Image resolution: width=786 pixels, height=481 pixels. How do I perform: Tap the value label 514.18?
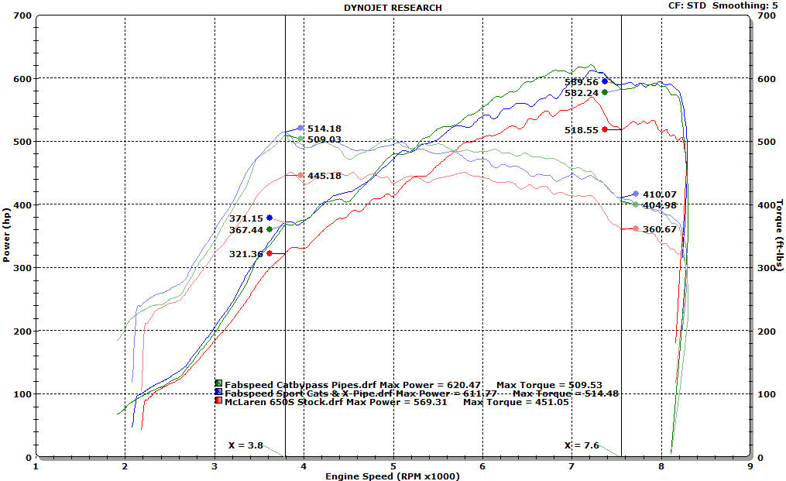tap(324, 129)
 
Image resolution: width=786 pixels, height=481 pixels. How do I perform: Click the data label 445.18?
tap(324, 176)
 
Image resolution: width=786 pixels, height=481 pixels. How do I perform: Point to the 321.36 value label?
tap(245, 253)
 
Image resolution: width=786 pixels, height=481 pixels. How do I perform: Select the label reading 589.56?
tap(581, 82)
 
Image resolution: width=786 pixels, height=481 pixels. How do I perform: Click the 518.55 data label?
tap(582, 130)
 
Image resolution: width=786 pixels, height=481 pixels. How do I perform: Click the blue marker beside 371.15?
tap(269, 218)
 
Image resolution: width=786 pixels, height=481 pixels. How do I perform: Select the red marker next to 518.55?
tap(604, 129)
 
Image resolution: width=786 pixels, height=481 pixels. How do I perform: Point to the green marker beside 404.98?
tap(635, 204)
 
